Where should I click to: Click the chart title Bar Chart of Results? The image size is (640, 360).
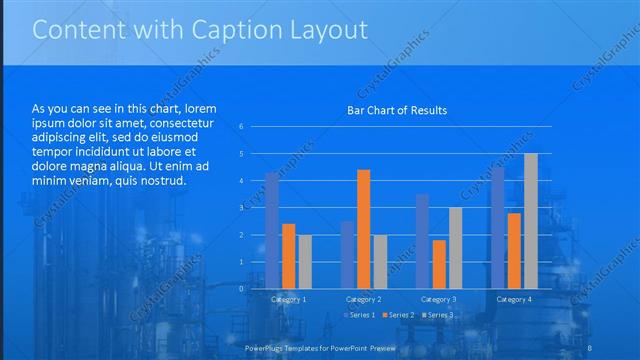coord(397,110)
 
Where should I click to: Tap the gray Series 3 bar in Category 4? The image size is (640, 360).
coord(530,221)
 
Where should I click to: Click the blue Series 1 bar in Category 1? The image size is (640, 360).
coord(272,230)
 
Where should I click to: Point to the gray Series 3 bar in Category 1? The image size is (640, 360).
coord(305,261)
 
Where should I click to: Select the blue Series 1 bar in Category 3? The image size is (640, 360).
coord(422,241)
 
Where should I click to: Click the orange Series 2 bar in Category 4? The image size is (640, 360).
coord(514,250)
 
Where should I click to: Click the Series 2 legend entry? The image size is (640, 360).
coord(398,316)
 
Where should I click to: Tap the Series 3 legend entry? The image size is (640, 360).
coord(438,316)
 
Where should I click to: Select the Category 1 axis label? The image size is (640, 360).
coord(289,299)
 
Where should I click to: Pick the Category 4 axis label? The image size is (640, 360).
coord(514,299)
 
